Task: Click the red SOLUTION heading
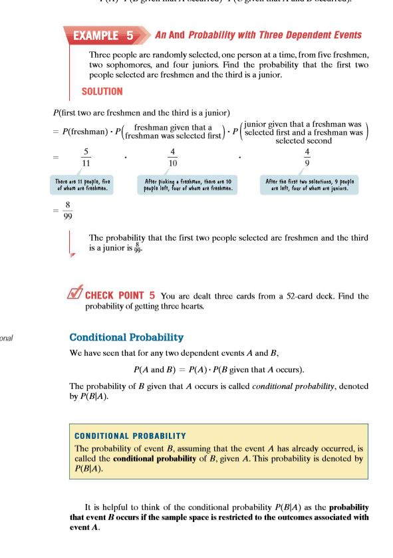click(102, 91)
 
